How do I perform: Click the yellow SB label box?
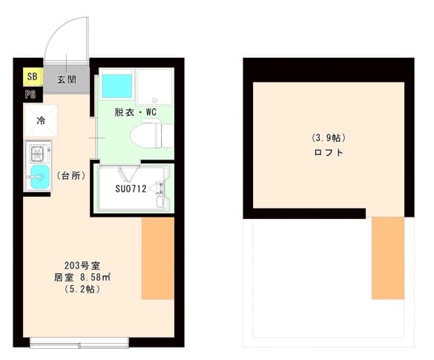coord(32,76)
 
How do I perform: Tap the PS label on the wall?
coord(31,94)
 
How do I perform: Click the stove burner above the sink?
coord(36,154)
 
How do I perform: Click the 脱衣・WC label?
coord(135,113)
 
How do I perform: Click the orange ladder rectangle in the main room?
coord(157,258)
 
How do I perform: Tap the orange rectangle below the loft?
coord(387,258)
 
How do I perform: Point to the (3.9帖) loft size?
coord(328,138)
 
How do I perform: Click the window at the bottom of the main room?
coord(79,342)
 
